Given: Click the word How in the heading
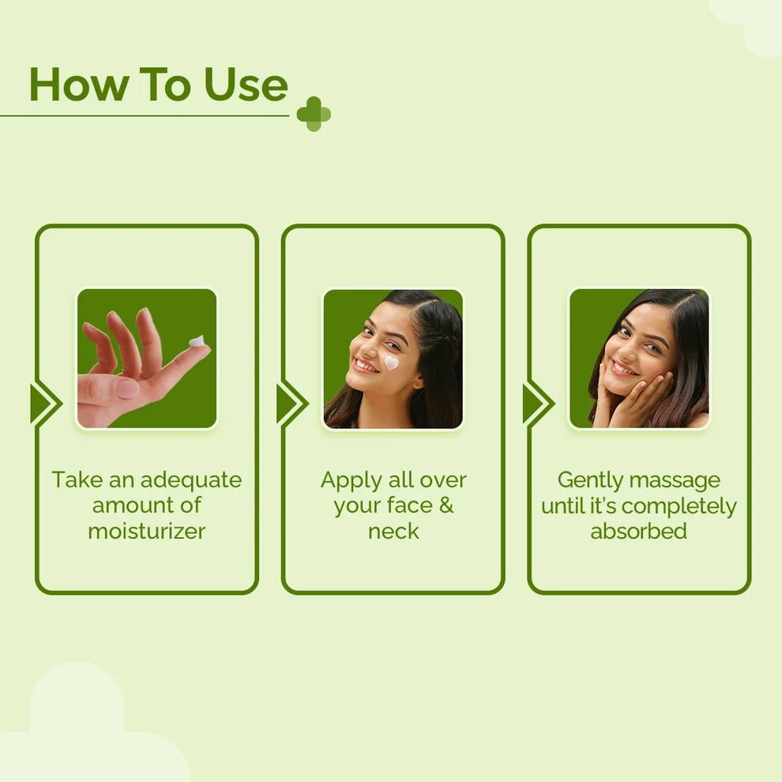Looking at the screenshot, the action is pos(79,85).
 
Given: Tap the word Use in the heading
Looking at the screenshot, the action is pos(246,85).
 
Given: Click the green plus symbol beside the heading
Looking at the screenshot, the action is pos(314,115).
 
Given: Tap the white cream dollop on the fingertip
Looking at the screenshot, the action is pos(197,340).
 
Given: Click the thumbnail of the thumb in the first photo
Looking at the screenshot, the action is pos(127,389).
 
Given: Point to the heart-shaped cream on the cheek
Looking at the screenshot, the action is pos(392,363).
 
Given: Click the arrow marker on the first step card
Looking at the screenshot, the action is pos(46,404).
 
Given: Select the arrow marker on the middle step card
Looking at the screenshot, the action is pos(292,404).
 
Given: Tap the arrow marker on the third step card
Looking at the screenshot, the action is pos(539,404).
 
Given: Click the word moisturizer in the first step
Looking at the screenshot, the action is pos(147,531).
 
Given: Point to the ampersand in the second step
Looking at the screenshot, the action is pos(446,506).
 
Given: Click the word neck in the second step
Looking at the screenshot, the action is pos(393,531).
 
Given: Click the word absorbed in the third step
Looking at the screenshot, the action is pos(639,531).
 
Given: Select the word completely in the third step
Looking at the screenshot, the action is pos(679,506).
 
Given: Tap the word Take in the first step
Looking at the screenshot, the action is pos(77,479).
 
